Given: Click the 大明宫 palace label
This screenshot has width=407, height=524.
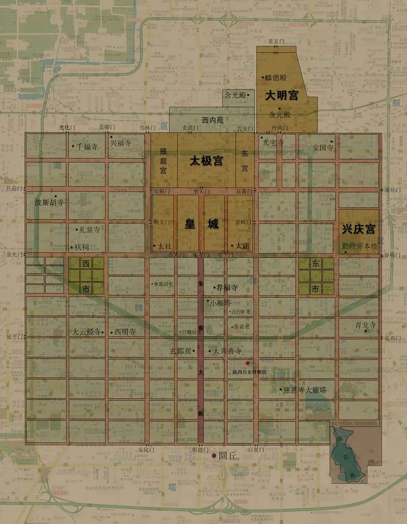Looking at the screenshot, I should tap(281, 95).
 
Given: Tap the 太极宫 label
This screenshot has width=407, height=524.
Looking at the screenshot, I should tap(206, 161).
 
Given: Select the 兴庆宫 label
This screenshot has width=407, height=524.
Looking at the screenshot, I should tap(359, 229).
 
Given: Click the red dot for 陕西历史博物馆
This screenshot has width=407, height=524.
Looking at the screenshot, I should tap(247, 363).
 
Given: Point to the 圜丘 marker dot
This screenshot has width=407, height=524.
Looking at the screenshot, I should tap(214, 456).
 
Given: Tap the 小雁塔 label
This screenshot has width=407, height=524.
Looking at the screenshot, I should tap(220, 303).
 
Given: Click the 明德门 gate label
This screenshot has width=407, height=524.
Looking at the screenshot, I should tap(200, 450).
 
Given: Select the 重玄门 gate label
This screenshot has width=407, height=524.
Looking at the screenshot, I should tap(276, 41).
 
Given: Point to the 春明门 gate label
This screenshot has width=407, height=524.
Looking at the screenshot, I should tap(392, 255).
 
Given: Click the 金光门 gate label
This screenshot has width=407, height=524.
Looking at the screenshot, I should tap(14, 255).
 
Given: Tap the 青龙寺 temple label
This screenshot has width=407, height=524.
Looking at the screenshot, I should tap(366, 325).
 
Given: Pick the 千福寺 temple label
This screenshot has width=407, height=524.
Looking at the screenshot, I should tap(87, 147).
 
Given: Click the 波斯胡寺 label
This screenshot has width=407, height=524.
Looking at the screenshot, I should tap(49, 203).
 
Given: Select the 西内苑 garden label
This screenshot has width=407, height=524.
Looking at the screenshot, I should tap(213, 120).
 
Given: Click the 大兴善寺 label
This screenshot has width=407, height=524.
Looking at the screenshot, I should tap(227, 351).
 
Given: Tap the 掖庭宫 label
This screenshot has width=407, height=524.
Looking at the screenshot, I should tap(163, 160).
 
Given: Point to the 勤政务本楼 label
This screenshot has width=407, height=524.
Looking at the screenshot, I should tap(360, 247).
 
